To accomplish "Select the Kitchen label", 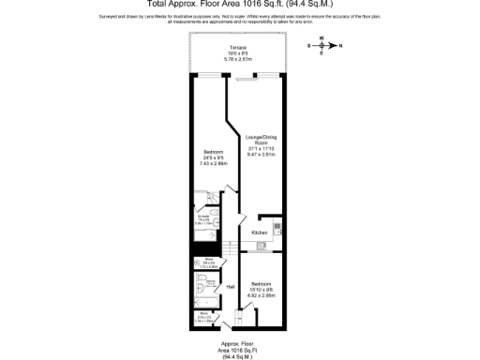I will coord(260,232).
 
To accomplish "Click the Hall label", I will coord(230,288).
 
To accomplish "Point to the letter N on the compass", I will coord(340,45).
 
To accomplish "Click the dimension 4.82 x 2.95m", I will coord(260,293).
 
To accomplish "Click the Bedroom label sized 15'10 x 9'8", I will coord(260,282).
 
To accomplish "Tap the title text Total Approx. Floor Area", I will coord(239,5).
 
